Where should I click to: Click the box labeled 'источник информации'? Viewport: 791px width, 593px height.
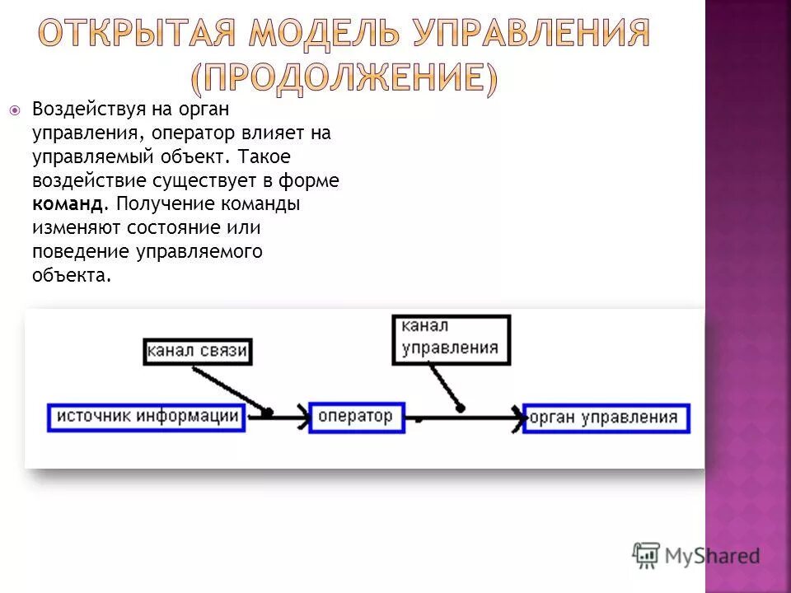point(147,417)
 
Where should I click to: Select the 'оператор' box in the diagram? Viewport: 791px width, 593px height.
point(356,417)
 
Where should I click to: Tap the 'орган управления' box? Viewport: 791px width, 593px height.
point(605,418)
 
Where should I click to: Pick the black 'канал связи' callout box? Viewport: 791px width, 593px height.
point(197,352)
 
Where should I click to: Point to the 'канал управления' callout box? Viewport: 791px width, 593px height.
point(451,339)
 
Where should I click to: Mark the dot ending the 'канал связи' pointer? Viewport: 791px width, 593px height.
point(268,411)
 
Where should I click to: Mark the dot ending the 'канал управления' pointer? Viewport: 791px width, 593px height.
point(460,408)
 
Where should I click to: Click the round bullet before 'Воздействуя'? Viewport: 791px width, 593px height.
point(15,110)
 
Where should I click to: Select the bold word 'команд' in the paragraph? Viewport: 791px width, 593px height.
point(68,203)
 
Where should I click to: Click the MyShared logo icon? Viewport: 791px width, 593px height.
point(646,555)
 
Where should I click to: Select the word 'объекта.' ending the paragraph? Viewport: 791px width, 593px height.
point(71,275)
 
